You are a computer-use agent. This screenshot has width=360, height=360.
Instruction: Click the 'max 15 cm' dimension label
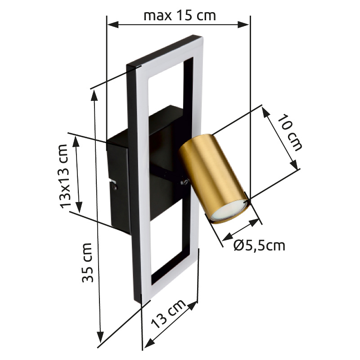coord(180,16)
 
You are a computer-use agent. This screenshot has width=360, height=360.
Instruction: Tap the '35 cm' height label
coord(88,263)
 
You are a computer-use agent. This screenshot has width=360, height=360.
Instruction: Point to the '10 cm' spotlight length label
coord(290,132)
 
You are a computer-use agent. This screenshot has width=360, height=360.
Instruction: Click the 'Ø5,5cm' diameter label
coord(260,245)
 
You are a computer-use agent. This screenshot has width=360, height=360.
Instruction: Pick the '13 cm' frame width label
coord(168,314)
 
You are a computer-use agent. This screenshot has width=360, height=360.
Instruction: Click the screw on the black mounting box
coord(115,187)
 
